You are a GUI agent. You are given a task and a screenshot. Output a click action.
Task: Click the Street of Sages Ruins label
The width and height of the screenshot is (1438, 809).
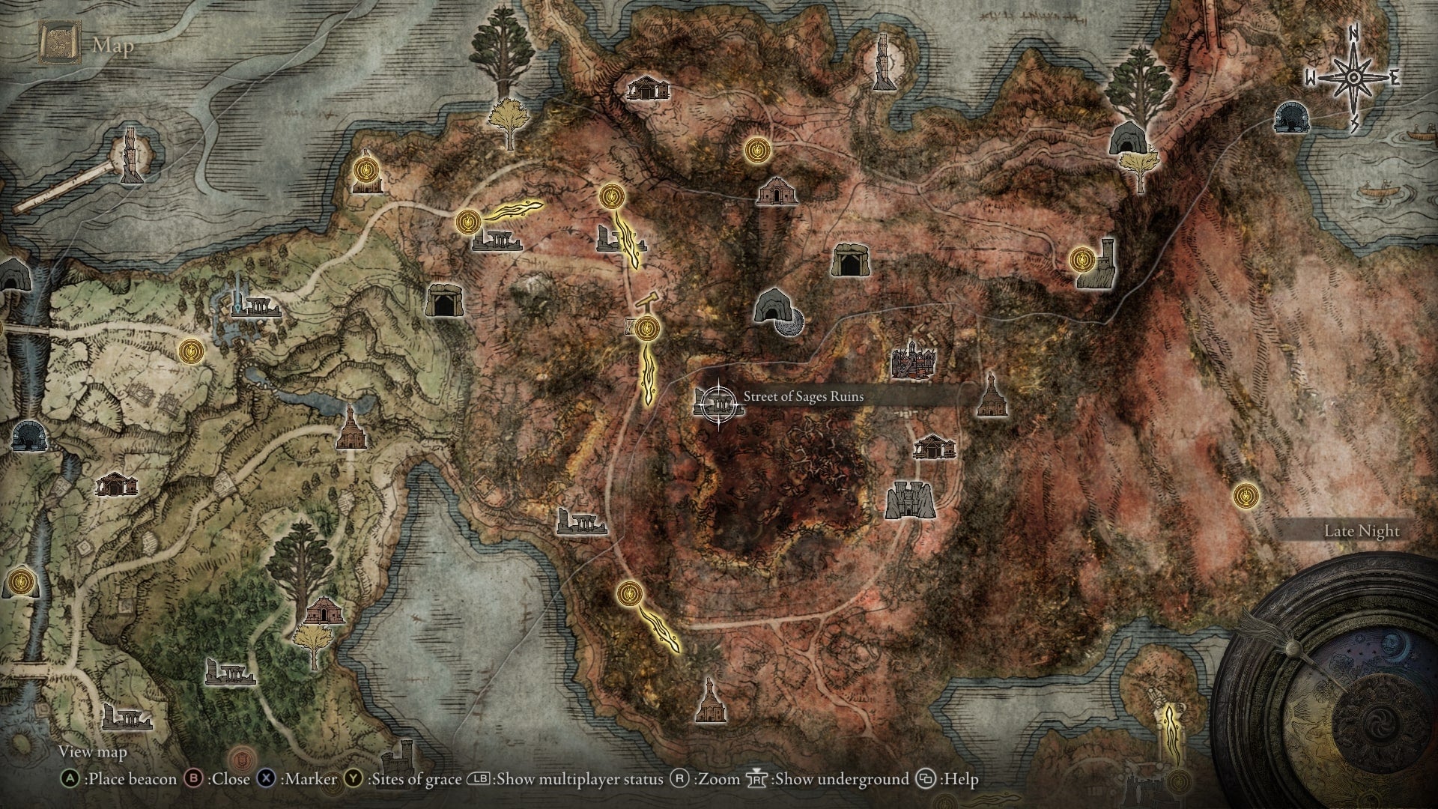click(803, 396)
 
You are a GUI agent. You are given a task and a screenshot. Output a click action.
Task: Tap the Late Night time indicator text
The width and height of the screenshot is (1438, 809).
click(1361, 531)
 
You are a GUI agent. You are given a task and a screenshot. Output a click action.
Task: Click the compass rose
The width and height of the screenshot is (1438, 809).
click(1353, 78)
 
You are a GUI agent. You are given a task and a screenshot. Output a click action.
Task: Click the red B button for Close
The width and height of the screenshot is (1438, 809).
click(194, 779)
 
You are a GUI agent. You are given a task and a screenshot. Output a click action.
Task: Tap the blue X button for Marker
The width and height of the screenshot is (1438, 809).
click(266, 779)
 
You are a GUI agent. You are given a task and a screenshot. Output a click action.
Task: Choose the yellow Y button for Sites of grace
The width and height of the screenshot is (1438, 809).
click(354, 779)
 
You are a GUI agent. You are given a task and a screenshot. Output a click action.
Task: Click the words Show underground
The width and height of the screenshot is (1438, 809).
click(841, 779)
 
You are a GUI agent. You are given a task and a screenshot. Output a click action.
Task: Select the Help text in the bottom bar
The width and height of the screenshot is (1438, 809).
click(960, 779)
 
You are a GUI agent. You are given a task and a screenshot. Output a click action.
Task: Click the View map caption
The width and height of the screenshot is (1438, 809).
click(93, 751)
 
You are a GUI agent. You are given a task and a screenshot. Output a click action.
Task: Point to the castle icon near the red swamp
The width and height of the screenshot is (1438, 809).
click(910, 499)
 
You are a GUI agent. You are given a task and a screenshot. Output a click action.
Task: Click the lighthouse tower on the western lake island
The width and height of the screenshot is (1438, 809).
click(133, 155)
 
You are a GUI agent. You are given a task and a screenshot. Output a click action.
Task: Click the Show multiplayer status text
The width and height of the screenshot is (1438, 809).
click(580, 779)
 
